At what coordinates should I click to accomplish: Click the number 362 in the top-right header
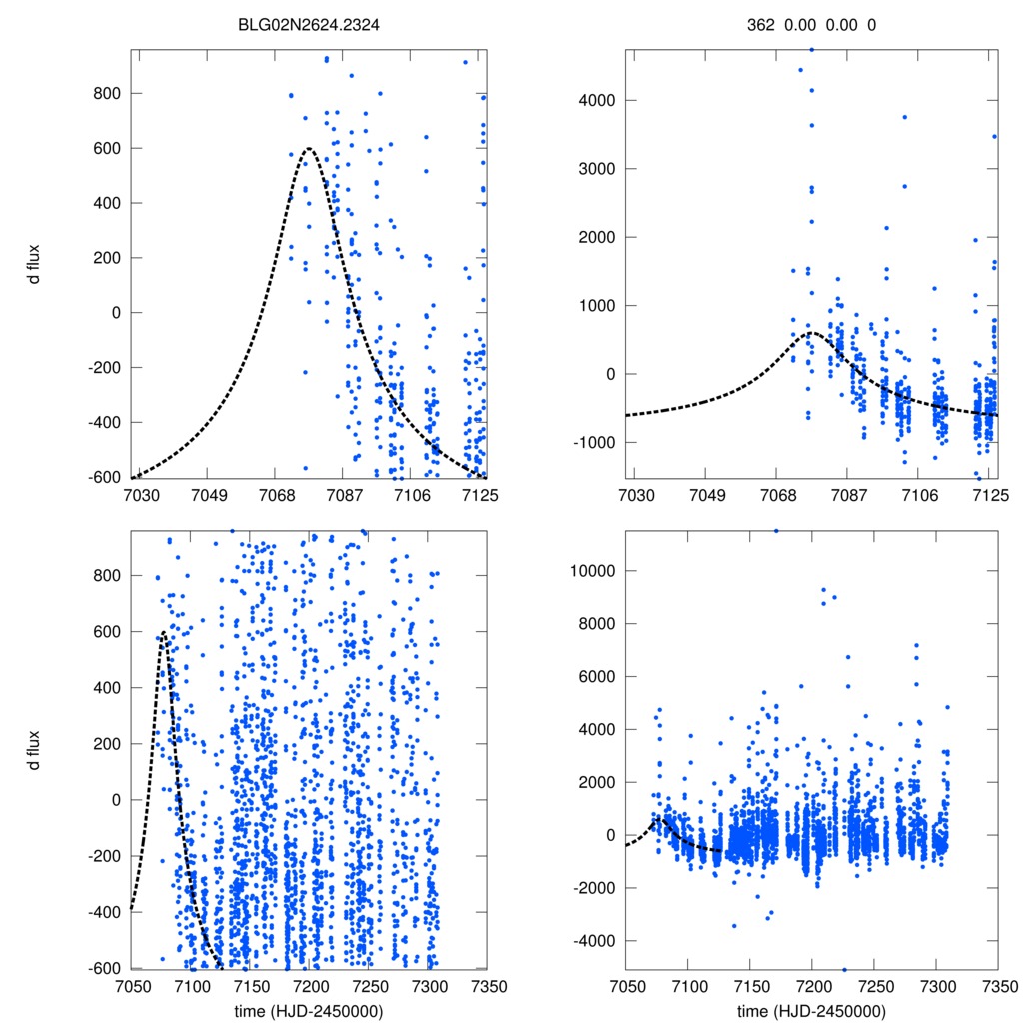point(761,27)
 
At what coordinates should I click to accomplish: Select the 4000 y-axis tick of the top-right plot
point(595,101)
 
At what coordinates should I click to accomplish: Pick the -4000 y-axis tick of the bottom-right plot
point(591,941)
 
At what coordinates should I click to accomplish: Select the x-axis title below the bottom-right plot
point(811,1010)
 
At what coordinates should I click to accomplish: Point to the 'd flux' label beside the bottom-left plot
point(35,749)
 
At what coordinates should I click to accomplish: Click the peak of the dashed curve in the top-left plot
point(309,149)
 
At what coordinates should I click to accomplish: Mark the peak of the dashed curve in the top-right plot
point(811,333)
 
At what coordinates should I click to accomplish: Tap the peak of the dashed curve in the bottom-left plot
point(163,632)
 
